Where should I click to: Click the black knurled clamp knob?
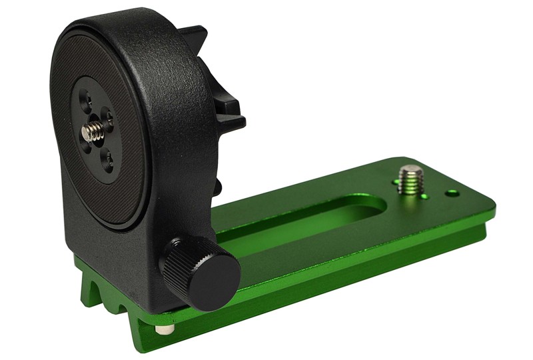(x=200, y=271)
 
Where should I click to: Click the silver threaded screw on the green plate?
(x=410, y=179)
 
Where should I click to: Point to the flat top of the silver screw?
(x=411, y=169)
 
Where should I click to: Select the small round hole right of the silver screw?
(x=452, y=193)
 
